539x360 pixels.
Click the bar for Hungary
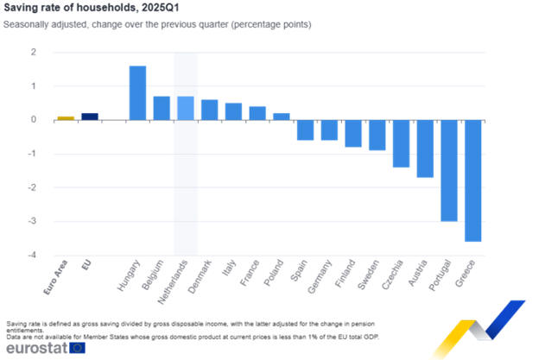137,93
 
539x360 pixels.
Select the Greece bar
472,180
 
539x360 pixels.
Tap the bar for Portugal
448,170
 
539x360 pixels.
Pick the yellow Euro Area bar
66,118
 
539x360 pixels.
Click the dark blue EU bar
90,117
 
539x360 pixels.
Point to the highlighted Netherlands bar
186,108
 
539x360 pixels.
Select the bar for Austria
425,148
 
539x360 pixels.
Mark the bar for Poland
282,117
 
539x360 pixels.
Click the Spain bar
305,129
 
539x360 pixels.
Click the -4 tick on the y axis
34,256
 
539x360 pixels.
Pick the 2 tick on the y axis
34,53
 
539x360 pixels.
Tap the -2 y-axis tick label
34,188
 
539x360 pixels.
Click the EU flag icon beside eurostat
77,347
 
